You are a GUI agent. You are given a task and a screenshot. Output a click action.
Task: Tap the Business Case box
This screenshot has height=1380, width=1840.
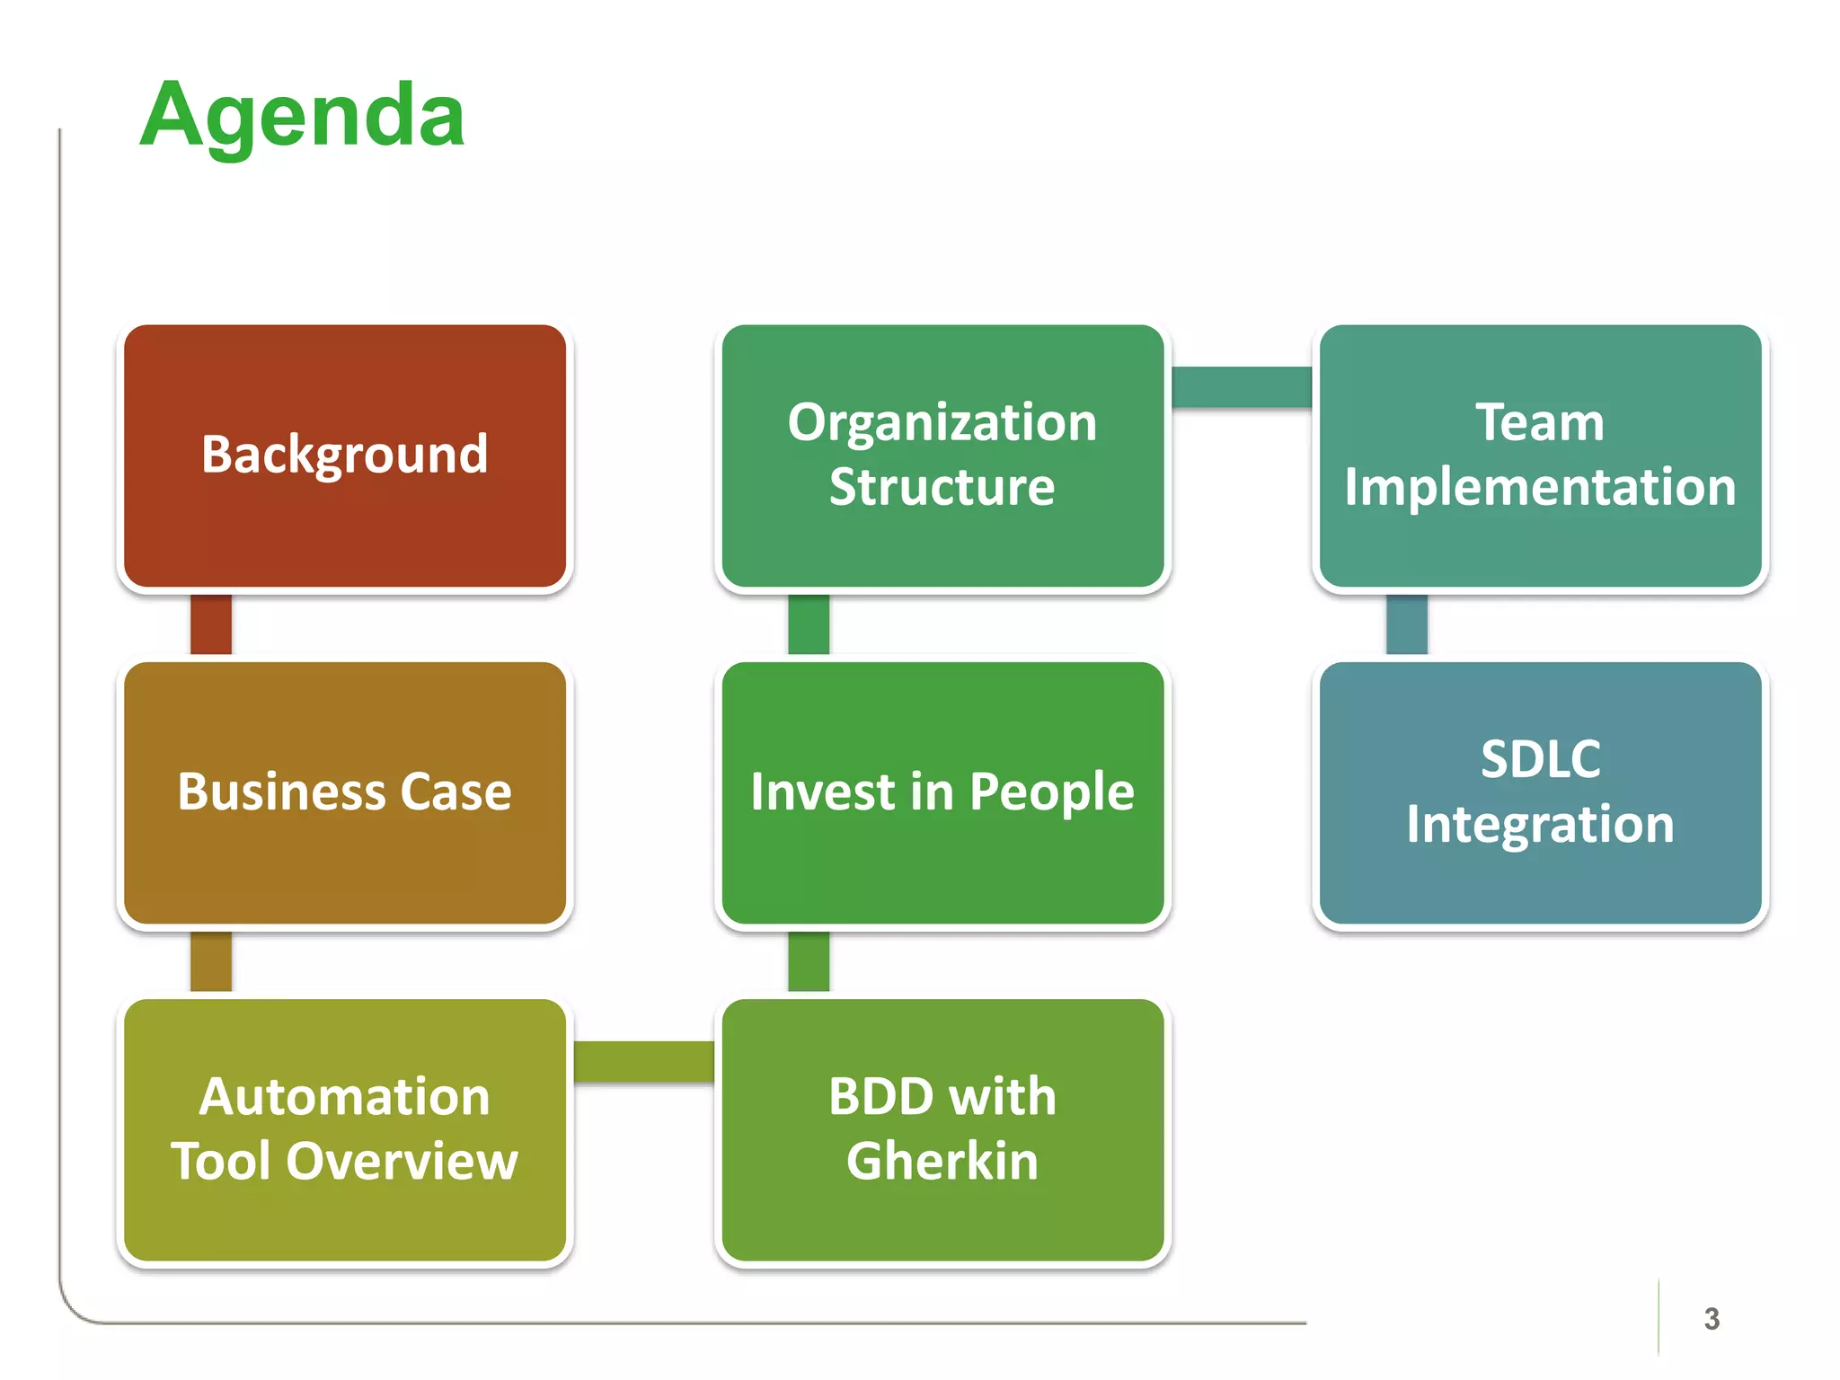pyautogui.click(x=345, y=792)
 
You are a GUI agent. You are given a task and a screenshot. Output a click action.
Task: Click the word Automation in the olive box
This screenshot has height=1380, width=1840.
pyautogui.click(x=345, y=1097)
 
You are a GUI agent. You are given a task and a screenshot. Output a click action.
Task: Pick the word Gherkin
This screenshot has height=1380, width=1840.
pyautogui.click(x=942, y=1161)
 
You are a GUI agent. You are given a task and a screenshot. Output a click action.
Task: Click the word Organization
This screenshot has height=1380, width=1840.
pyautogui.click(x=942, y=422)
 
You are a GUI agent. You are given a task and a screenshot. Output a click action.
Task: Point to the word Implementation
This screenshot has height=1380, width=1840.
pyautogui.click(x=1540, y=487)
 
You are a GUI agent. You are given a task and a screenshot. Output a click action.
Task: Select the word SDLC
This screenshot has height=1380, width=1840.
pyautogui.click(x=1540, y=759)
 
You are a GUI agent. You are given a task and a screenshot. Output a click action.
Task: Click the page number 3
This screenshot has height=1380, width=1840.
pyautogui.click(x=1712, y=1319)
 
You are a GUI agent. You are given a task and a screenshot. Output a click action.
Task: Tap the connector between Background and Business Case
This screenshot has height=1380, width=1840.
pyautogui.click(x=211, y=624)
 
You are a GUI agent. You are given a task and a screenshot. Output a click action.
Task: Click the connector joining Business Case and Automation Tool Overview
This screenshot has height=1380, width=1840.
pyautogui.click(x=211, y=961)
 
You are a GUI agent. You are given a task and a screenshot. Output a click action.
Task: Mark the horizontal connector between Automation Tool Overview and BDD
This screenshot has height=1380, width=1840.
pyautogui.click(x=643, y=1061)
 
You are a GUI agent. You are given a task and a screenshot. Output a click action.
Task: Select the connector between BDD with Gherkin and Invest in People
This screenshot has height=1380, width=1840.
pyautogui.click(x=809, y=961)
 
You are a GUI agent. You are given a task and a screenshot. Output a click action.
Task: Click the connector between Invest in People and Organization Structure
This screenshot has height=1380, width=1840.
pyautogui.click(x=809, y=624)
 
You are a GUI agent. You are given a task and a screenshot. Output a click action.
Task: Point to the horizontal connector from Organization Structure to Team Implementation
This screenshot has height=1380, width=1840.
pyautogui.click(x=1242, y=387)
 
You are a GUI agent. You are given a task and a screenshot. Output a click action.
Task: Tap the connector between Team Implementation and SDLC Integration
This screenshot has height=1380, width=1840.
pyautogui.click(x=1407, y=624)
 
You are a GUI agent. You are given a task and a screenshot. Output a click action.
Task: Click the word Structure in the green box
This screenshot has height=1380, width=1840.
pyautogui.click(x=942, y=487)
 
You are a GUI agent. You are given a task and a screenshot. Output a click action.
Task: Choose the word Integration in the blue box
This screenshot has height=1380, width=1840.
pyautogui.click(x=1540, y=824)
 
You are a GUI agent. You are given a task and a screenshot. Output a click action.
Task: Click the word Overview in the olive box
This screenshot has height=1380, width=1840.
pyautogui.click(x=402, y=1161)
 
